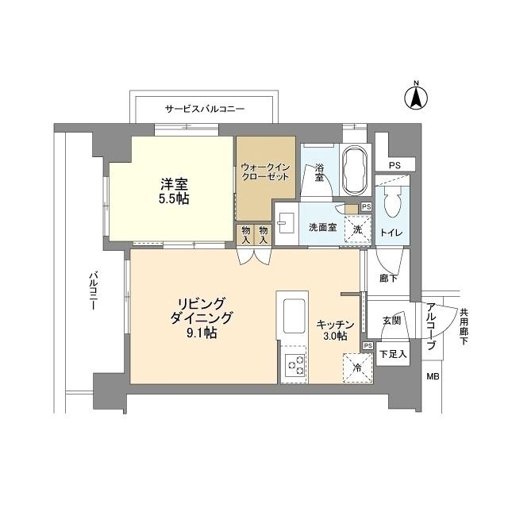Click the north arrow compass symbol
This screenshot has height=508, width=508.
click(414, 98)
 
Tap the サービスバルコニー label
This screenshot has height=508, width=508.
click(205, 108)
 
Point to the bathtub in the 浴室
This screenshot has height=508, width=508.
click(353, 168)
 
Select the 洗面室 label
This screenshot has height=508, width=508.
click(322, 228)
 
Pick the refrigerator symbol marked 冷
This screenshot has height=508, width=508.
click(357, 368)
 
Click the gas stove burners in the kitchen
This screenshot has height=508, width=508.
click(295, 365)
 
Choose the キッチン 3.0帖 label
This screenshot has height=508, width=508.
click(331, 330)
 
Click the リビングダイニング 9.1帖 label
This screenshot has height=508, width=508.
click(199, 317)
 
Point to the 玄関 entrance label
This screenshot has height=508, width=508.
click(391, 320)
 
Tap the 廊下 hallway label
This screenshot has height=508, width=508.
click(388, 279)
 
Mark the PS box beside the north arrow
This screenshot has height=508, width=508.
click(394, 165)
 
